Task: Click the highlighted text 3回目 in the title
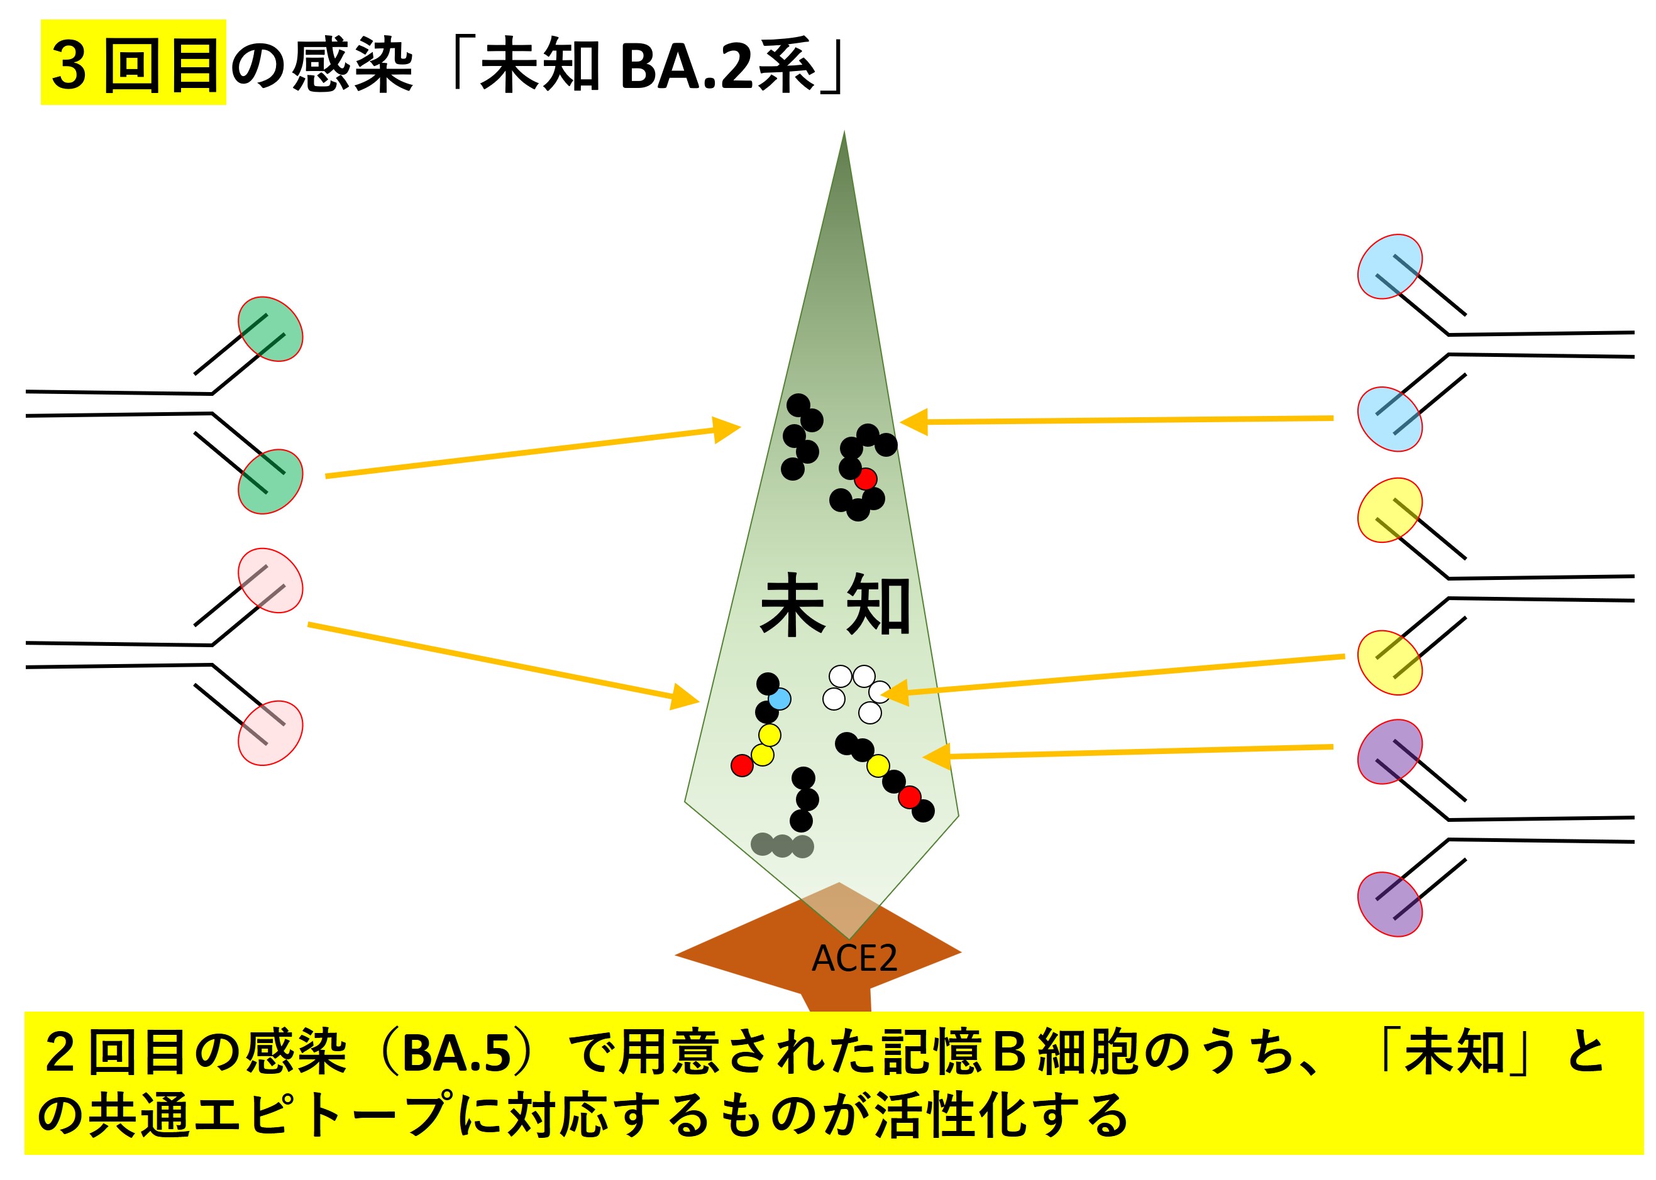[134, 64]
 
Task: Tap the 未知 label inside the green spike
[834, 604]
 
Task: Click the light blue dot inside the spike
[780, 699]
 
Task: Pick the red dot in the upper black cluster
[865, 479]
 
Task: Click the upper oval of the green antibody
[270, 329]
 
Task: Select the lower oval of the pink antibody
[270, 733]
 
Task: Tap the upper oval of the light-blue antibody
[1389, 266]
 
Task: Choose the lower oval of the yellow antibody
[1389, 663]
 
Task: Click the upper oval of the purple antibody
[1389, 752]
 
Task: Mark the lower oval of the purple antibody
[1389, 904]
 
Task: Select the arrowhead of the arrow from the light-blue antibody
[913, 422]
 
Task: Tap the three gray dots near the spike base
[781, 845]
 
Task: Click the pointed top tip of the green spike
[844, 135]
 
